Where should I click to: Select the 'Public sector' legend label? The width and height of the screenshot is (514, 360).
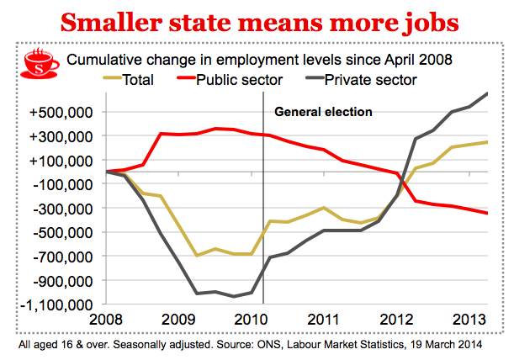pos(238,82)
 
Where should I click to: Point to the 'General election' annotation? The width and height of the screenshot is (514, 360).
pos(323,111)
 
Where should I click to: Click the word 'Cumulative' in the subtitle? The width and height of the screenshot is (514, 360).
pos(103,61)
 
